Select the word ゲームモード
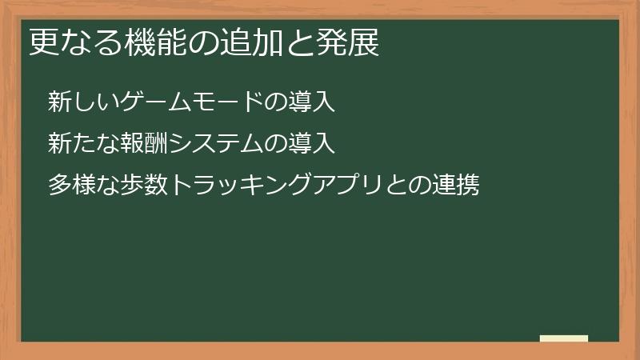coord(191,102)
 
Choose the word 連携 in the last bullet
coord(456,186)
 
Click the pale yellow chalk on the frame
coord(564,338)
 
